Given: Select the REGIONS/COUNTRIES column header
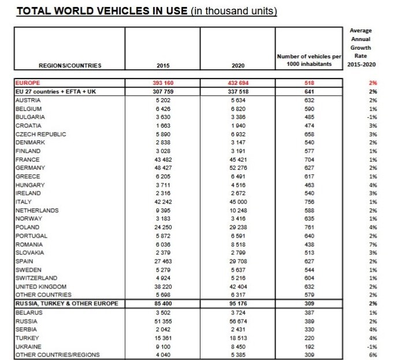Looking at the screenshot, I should [70, 65].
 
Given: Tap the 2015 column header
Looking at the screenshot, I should [162, 65].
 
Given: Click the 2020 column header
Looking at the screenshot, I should [237, 65].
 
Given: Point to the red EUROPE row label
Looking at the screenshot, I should [27, 83].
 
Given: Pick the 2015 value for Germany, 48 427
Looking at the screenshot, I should [162, 167].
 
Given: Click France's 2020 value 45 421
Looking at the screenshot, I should [237, 159].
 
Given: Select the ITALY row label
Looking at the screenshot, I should [23, 202].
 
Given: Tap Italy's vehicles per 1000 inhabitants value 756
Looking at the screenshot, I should [309, 202].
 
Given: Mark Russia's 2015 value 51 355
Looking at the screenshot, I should [162, 320].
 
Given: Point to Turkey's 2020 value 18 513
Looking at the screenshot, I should [237, 337].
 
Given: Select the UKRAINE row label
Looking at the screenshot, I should [28, 346].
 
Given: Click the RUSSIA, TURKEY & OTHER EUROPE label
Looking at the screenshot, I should [67, 303].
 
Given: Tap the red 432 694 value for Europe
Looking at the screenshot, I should [237, 83].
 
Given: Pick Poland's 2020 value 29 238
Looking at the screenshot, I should [237, 227].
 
